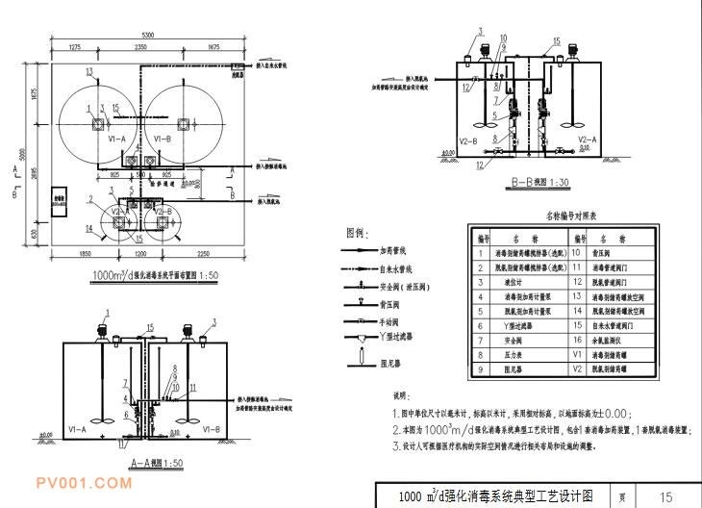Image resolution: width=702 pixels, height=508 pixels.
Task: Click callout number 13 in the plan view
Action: (x=88, y=72)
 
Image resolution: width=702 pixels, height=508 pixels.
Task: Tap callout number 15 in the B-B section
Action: (x=555, y=42)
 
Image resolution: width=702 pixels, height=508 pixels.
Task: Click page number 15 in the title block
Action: (x=665, y=496)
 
